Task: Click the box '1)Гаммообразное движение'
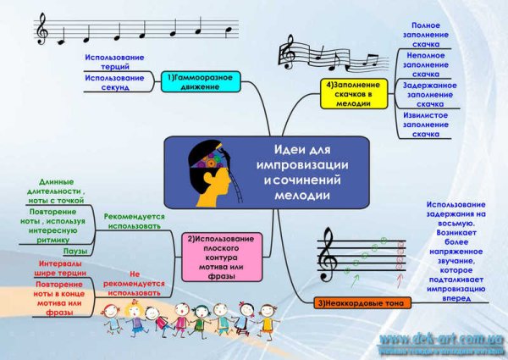point(200,82)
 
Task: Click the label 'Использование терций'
point(114,62)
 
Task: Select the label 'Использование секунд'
point(114,82)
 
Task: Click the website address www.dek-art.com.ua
point(441,338)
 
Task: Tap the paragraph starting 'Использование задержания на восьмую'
point(456,252)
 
